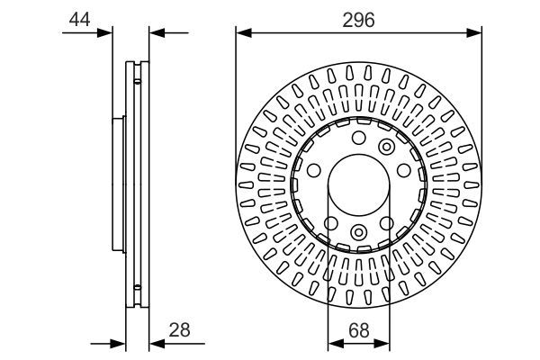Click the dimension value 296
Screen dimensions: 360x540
tap(358, 18)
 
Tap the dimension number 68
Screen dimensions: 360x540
tap(358, 329)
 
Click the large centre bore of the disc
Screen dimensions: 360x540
tap(358, 185)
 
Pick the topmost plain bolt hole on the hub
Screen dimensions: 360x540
tap(358, 138)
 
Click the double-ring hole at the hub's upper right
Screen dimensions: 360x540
tap(387, 147)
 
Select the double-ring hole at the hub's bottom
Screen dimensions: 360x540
tap(358, 234)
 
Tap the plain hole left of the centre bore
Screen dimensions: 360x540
tap(314, 171)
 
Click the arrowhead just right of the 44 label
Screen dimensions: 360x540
tap(109, 33)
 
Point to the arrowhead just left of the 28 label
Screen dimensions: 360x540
tap(154, 342)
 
